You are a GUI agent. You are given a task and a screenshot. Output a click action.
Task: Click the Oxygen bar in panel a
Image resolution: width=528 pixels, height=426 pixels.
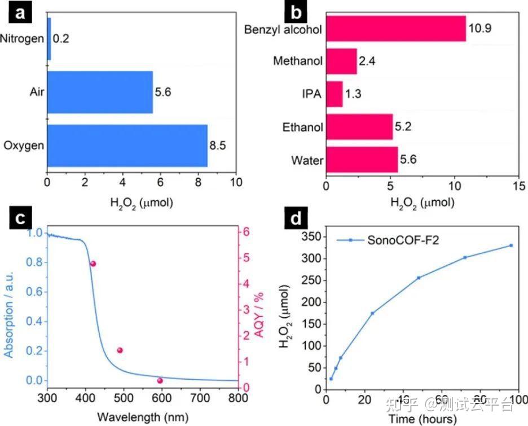[x=127, y=146]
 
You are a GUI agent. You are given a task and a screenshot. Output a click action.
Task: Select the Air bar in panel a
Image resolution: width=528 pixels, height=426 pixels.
[x=100, y=92]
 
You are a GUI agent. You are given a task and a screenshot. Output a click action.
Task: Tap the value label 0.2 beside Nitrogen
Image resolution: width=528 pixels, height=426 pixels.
[x=60, y=39]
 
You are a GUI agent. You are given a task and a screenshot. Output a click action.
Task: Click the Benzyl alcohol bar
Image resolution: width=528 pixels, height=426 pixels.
[x=396, y=29]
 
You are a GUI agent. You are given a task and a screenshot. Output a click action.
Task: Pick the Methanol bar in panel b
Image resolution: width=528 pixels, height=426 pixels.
[x=341, y=61]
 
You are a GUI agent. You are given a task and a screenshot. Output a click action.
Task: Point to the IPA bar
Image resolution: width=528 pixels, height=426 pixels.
[x=334, y=94]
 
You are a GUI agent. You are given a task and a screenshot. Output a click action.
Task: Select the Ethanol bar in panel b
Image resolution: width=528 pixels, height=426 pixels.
[x=359, y=127]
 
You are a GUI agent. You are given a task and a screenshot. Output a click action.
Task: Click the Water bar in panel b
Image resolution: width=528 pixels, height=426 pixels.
[x=362, y=160]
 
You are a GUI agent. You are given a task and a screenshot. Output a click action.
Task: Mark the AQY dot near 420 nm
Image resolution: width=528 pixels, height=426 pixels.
[x=93, y=263]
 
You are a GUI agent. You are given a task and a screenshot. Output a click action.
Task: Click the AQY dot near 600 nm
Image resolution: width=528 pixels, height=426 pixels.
[x=160, y=380]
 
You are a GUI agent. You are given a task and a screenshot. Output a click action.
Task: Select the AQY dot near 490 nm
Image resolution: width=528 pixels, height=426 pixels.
[x=120, y=350]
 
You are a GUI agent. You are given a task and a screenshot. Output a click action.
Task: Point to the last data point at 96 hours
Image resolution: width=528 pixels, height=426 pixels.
[x=511, y=245]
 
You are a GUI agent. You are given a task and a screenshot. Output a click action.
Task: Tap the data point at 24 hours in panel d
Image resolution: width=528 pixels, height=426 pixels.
[x=372, y=313]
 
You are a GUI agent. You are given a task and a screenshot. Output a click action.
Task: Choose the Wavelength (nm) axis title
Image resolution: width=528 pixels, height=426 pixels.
[x=143, y=418]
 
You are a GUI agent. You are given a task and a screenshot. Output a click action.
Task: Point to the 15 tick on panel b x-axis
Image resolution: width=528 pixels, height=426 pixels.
[x=518, y=186]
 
